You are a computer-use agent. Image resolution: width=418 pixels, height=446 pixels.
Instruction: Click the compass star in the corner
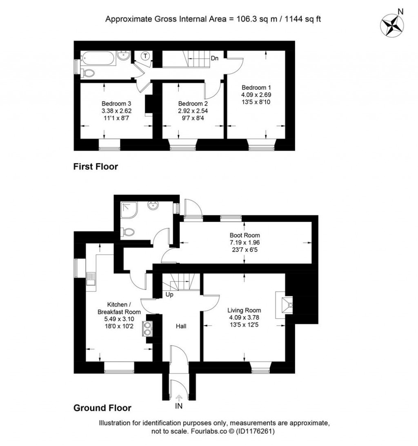click(x=392, y=25)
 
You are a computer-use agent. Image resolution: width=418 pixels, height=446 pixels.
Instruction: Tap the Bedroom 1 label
click(x=256, y=88)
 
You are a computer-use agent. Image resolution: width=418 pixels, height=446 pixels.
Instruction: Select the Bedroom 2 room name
click(x=193, y=104)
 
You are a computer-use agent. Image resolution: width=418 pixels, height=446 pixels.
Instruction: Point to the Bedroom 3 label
click(x=116, y=104)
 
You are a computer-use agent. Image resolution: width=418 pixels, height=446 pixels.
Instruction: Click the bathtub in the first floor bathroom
click(x=98, y=59)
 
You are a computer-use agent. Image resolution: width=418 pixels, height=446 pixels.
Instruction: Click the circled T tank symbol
click(x=145, y=56)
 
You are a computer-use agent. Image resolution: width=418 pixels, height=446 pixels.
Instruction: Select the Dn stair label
click(x=214, y=58)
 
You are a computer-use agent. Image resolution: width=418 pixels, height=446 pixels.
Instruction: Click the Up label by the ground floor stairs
click(x=169, y=295)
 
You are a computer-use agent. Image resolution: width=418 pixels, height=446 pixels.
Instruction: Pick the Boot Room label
click(x=245, y=235)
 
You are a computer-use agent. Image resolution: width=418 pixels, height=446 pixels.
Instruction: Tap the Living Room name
click(x=244, y=310)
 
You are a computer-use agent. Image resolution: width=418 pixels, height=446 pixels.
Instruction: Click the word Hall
click(x=181, y=326)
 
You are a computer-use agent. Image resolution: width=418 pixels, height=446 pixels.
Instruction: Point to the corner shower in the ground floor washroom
click(x=129, y=210)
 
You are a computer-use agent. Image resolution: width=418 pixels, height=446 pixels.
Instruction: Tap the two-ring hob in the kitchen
click(x=148, y=329)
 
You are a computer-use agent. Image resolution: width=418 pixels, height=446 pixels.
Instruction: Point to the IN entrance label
click(x=178, y=406)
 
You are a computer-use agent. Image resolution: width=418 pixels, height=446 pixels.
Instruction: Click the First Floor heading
click(x=96, y=166)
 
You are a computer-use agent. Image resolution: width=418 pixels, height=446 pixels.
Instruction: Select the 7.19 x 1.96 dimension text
click(x=245, y=243)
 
